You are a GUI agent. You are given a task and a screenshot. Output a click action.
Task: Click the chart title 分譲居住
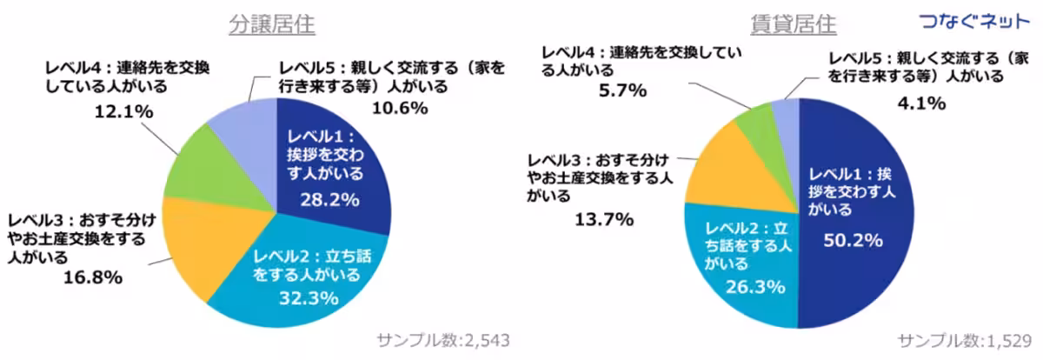click(x=272, y=23)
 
